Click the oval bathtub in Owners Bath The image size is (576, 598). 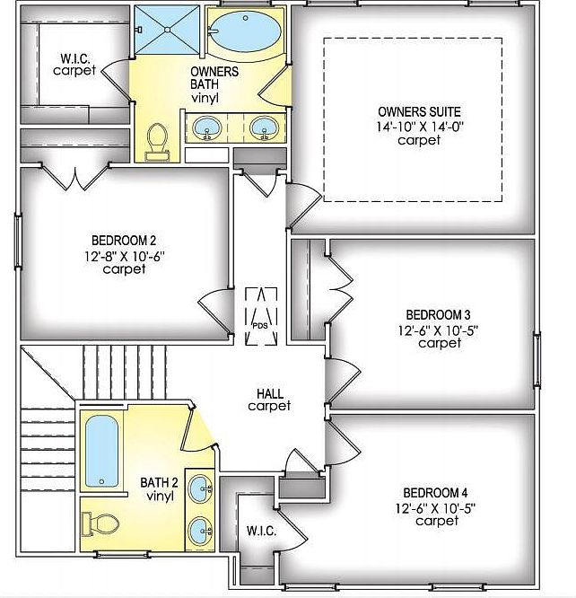pos(246,31)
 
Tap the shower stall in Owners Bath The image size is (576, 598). pos(167,30)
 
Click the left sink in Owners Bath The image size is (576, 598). pos(207,128)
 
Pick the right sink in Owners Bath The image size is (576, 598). pos(264,128)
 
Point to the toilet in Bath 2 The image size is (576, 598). pos(100,524)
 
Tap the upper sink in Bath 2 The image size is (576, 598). pos(201,488)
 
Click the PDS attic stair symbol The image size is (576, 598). pos(261,317)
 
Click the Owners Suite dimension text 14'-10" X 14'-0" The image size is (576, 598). pos(420,127)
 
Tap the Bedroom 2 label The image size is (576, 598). pos(124,241)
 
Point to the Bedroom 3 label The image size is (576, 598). pos(438,315)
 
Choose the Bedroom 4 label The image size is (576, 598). pos(435,493)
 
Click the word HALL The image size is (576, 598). pos(270,393)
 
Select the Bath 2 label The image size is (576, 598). pos(159,482)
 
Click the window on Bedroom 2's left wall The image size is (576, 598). pos(18,242)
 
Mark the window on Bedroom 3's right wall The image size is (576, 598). pos(537,360)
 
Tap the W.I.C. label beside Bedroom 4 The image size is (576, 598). pos(261,531)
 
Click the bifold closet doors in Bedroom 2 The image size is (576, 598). pos(76,178)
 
